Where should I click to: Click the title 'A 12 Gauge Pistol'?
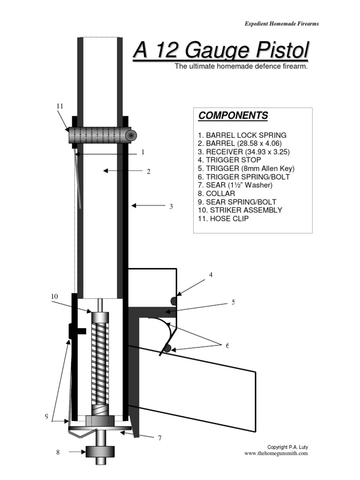(x=221, y=51)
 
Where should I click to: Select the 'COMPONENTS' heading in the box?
(x=233, y=116)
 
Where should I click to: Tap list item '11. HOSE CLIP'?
(x=223, y=218)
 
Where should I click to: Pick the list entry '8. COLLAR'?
(x=216, y=193)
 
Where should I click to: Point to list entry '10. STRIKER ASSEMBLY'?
(x=240, y=210)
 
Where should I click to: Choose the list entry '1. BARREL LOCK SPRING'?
(x=242, y=135)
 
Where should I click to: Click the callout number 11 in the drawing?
(x=60, y=106)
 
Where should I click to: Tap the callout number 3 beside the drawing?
(x=171, y=206)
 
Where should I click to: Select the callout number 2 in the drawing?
(x=149, y=172)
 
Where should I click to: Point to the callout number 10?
(x=54, y=296)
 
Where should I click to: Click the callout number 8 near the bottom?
(x=58, y=452)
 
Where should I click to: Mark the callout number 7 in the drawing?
(x=159, y=438)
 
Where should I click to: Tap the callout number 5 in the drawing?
(x=233, y=302)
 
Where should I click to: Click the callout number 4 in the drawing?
(x=210, y=274)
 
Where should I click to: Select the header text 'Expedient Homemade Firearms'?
(x=282, y=24)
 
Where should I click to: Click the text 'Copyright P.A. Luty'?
(x=287, y=447)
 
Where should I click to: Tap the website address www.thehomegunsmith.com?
(x=276, y=453)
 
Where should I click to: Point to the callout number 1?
(x=142, y=152)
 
